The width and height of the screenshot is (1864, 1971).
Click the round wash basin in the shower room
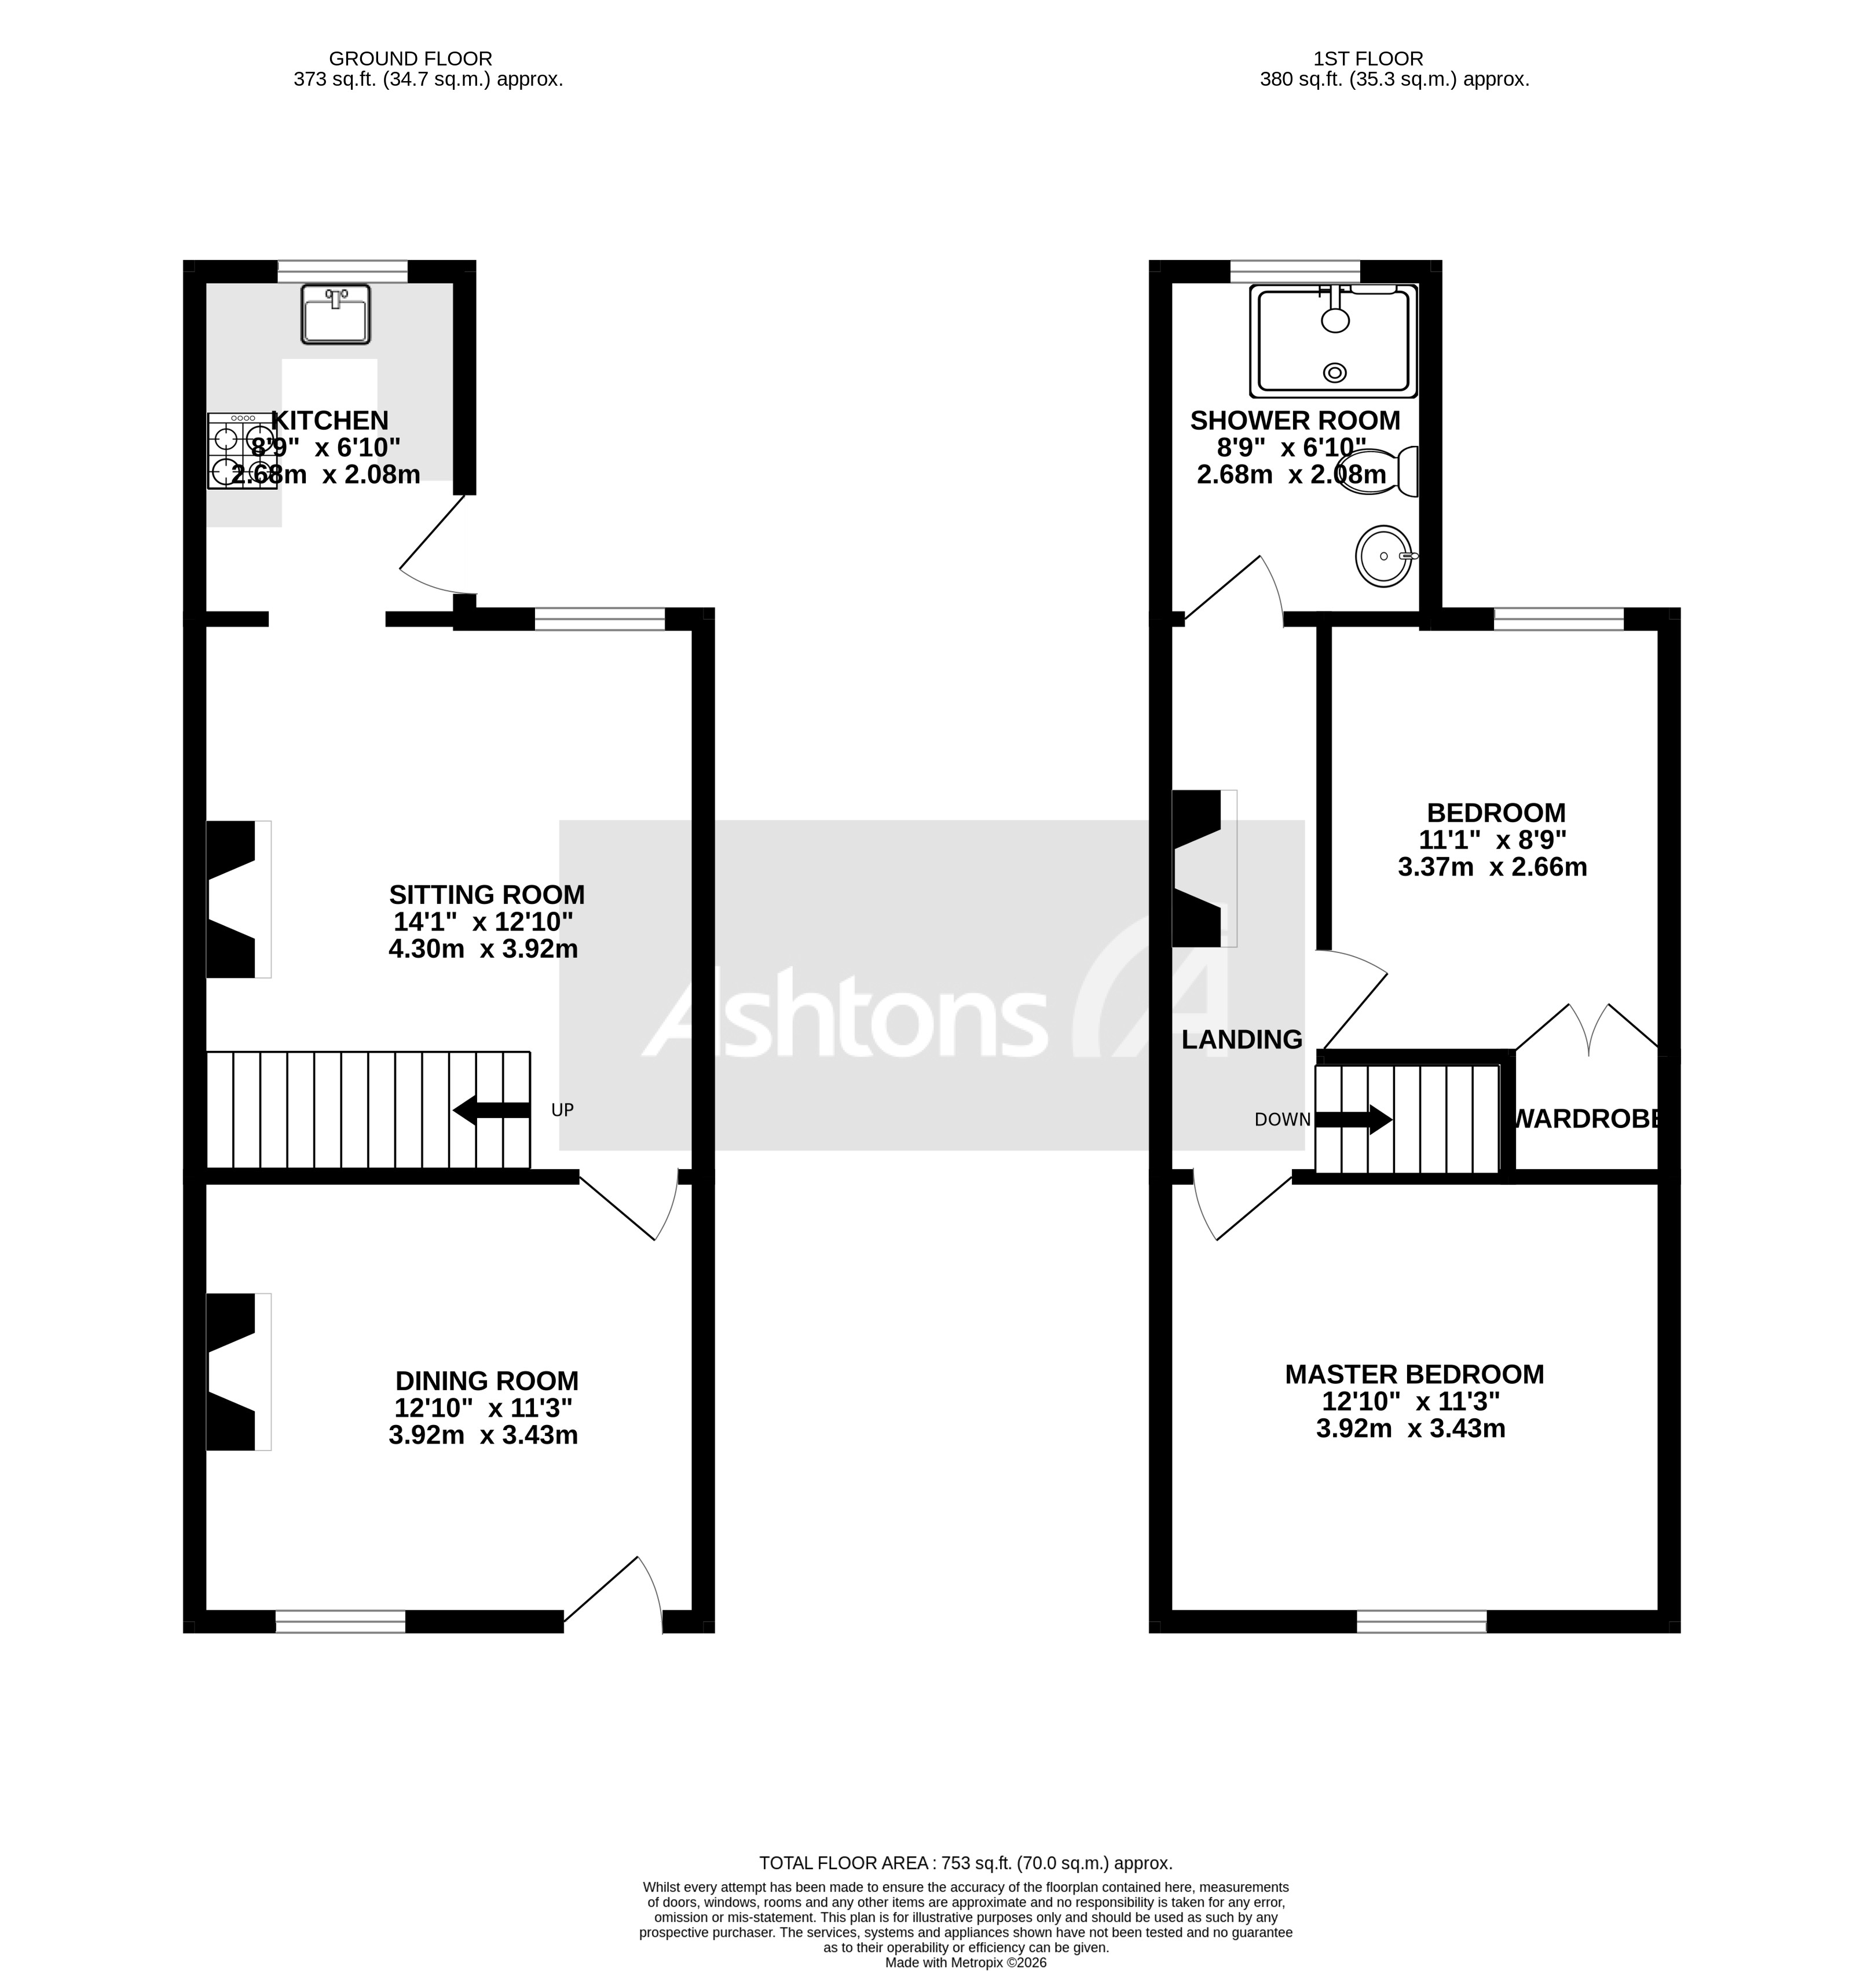click(1383, 556)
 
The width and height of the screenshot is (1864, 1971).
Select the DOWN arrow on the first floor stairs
click(1353, 1120)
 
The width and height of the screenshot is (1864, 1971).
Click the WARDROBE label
click(1587, 1120)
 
